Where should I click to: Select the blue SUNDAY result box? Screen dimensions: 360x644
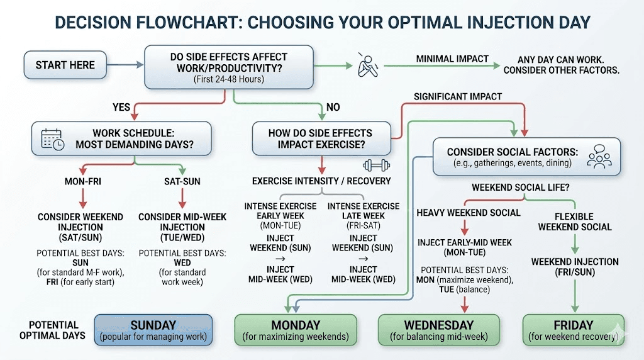pos(153,330)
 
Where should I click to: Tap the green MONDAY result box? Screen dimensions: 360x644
pos(296,330)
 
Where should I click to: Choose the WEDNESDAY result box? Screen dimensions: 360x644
pos(438,330)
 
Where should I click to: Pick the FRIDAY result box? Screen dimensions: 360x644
pos(574,330)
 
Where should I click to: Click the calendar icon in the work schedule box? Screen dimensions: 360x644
pos(53,138)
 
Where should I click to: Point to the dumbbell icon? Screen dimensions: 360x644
pos(373,166)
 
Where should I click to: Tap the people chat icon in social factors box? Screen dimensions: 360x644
pos(598,157)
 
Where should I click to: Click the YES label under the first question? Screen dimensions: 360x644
pos(121,108)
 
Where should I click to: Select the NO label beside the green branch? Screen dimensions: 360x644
pos(333,108)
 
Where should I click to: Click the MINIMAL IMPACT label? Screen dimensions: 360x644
pos(452,59)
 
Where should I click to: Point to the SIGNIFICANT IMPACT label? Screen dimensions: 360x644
pos(458,96)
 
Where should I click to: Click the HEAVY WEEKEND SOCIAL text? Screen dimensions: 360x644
pos(469,213)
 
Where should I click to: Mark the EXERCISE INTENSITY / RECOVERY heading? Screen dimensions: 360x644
pos(321,181)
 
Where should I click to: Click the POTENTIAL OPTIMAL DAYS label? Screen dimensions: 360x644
pos(53,330)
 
